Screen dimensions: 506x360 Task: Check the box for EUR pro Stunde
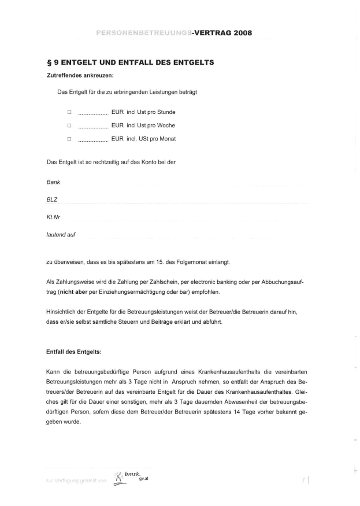point(69,112)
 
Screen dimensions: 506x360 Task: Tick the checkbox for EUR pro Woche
point(69,125)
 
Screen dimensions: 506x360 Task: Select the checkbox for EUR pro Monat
point(69,139)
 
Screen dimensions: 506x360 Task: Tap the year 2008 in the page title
point(241,32)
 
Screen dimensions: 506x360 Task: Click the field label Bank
point(53,182)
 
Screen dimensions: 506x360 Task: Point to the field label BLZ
point(52,200)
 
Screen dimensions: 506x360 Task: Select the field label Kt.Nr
point(54,217)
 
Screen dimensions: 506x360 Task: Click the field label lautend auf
point(61,235)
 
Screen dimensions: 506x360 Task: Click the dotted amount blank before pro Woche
point(92,126)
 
